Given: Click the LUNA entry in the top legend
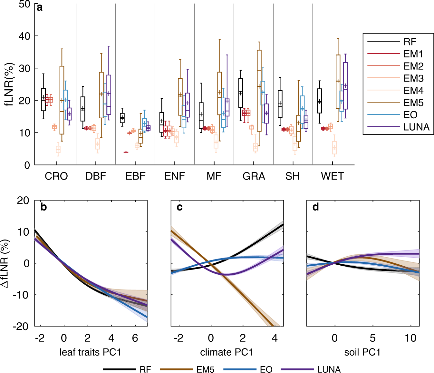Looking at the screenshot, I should click(x=416, y=127).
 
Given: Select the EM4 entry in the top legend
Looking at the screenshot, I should click(x=413, y=91).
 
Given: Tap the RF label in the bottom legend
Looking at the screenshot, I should click(x=145, y=369).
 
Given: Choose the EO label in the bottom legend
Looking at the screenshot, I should click(x=266, y=369).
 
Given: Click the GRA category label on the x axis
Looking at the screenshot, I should click(x=254, y=176).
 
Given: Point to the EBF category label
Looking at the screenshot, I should click(x=135, y=176).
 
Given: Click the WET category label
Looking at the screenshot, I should click(x=333, y=176).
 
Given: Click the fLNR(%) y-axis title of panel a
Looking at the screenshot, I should click(x=10, y=84).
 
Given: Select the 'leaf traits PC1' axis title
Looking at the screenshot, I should click(x=90, y=352).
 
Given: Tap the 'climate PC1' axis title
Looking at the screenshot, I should click(x=227, y=352).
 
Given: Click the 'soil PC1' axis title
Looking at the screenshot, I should click(x=362, y=352).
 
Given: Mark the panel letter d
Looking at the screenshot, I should click(x=315, y=207).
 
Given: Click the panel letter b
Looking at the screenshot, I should click(x=43, y=207).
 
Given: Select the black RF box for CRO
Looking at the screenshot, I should click(x=43, y=99).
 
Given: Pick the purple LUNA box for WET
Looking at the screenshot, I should click(x=345, y=86).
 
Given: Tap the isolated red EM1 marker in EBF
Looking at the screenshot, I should click(x=126, y=152).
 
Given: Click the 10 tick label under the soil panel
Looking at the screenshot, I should click(x=410, y=338).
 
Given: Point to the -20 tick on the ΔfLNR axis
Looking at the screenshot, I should click(x=21, y=326).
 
